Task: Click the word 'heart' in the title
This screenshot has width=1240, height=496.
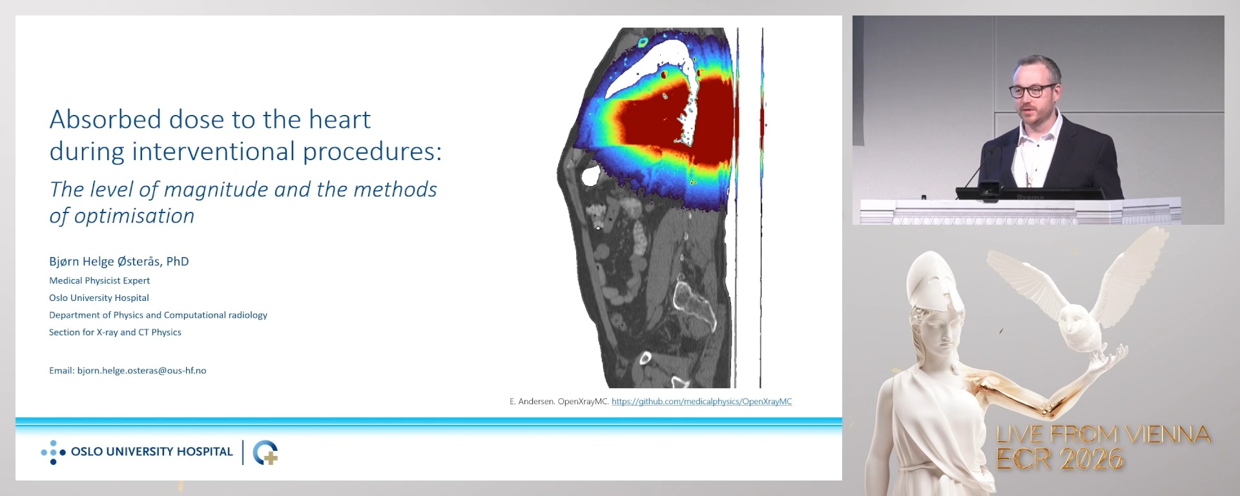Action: click(339, 120)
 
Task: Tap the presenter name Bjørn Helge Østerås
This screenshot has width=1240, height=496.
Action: click(119, 262)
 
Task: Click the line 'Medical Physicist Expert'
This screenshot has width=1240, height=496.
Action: click(99, 280)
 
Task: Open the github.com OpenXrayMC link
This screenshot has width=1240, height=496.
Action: click(701, 402)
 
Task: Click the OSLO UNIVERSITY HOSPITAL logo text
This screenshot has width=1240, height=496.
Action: click(152, 452)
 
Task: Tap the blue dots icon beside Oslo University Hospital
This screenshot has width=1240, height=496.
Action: click(53, 453)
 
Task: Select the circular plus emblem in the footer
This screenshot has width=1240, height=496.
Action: click(265, 453)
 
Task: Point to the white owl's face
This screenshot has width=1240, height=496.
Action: click(1075, 320)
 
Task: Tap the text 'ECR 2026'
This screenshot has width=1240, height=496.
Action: click(1059, 459)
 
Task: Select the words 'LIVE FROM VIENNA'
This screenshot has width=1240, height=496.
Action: click(1103, 435)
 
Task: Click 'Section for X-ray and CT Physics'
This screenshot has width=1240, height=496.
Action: click(115, 333)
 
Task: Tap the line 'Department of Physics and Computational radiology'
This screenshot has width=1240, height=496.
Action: click(158, 315)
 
